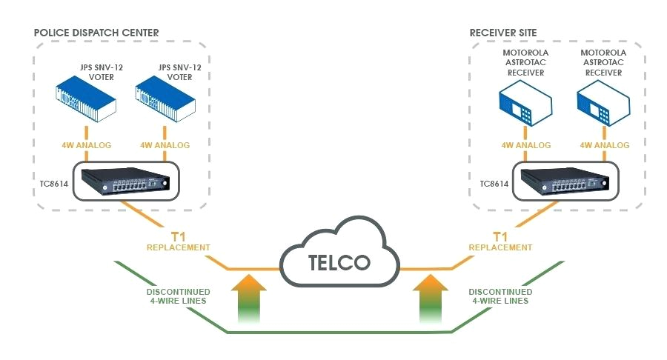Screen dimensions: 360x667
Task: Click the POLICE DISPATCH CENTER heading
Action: point(96,32)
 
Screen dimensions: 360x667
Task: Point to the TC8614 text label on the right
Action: point(494,184)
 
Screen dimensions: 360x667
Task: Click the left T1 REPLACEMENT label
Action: point(178,241)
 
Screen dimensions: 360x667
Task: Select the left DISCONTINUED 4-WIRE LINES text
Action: point(178,296)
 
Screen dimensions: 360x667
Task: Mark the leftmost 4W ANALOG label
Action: point(86,145)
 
